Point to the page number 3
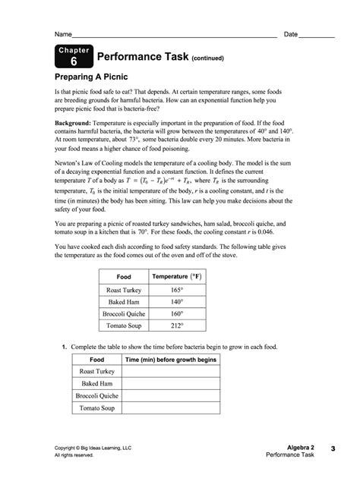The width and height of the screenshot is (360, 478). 333,449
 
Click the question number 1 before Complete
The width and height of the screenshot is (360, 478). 64,347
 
